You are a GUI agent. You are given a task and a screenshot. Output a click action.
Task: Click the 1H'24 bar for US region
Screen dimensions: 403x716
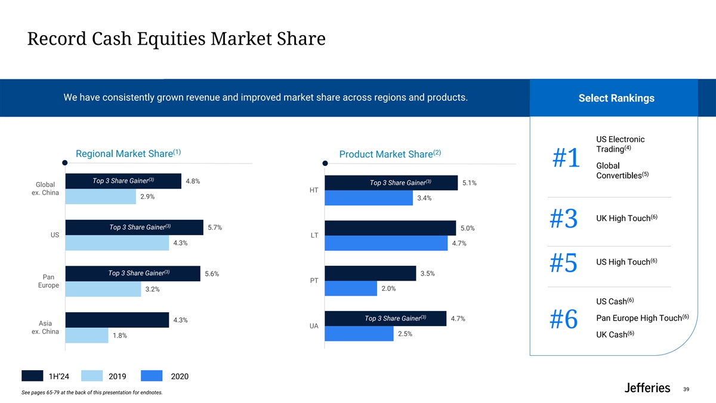[134, 227]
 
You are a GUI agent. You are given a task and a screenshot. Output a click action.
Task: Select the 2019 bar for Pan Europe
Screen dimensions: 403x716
[103, 289]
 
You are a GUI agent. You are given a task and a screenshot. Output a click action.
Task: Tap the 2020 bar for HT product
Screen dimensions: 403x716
[368, 198]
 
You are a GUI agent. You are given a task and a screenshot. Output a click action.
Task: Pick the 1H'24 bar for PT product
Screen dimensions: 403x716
[370, 273]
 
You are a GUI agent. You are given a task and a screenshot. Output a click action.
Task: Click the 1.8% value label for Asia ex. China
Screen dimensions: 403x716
[120, 336]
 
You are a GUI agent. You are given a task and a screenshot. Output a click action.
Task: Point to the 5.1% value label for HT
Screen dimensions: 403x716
[469, 183]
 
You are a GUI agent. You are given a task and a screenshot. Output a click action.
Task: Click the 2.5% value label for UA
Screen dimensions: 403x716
[405, 334]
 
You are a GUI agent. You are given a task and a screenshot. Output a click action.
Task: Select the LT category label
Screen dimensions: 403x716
[314, 235]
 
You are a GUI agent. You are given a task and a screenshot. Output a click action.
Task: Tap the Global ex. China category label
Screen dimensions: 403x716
[45, 189]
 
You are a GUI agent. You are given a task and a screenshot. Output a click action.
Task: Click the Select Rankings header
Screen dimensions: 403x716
[616, 99]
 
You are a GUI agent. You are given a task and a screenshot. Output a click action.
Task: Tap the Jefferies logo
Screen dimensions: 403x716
[647, 388]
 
